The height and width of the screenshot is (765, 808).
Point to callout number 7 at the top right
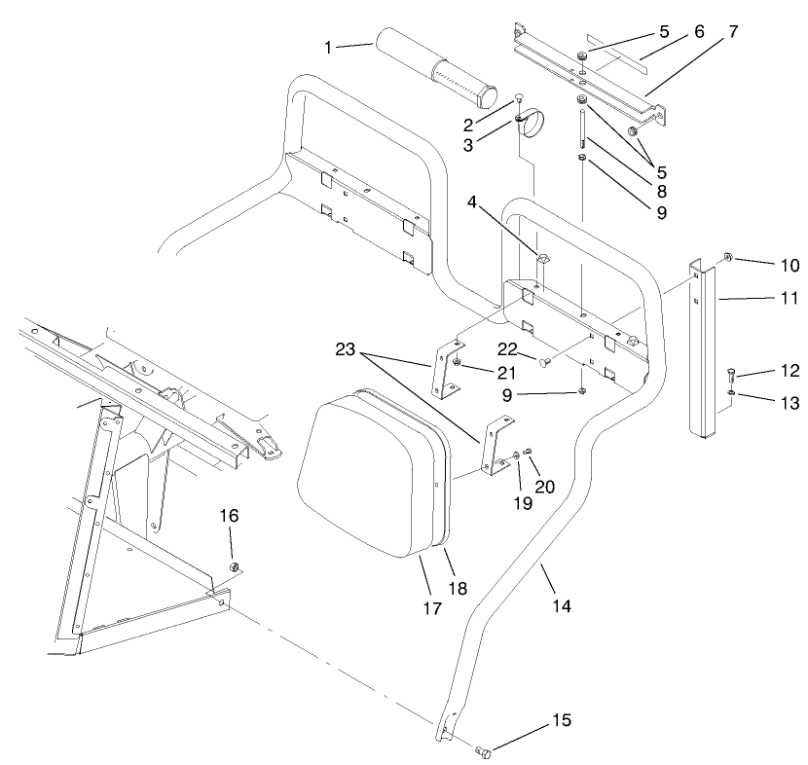click(x=731, y=32)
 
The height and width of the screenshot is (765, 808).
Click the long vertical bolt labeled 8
click(x=581, y=127)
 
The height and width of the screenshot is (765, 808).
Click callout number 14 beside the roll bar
click(x=559, y=605)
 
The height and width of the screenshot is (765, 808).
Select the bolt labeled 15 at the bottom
click(x=485, y=751)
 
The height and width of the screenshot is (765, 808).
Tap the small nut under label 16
click(x=234, y=566)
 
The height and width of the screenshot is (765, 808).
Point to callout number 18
click(x=457, y=588)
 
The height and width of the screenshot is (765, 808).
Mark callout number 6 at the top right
click(x=696, y=32)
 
